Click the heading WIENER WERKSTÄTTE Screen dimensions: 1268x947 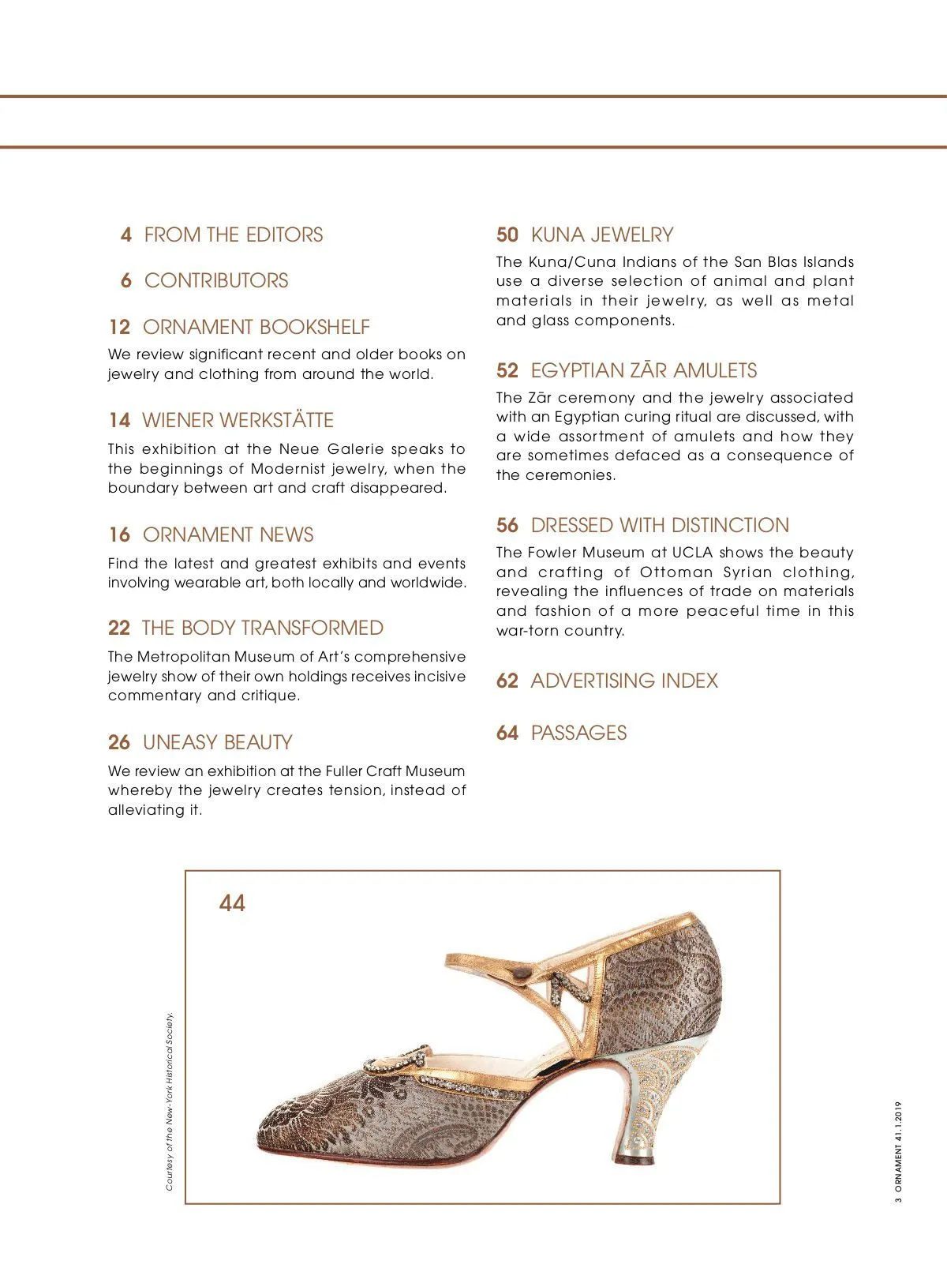click(x=238, y=420)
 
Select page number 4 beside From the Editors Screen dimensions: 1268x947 click(x=126, y=234)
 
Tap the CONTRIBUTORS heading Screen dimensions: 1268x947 click(x=216, y=280)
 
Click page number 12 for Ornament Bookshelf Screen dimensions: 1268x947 click(x=119, y=327)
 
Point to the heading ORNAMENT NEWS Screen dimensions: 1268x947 click(x=228, y=535)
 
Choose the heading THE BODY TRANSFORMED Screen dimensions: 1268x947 click(x=262, y=628)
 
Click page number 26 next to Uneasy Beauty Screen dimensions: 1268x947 click(x=119, y=742)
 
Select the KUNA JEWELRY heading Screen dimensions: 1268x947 click(x=602, y=234)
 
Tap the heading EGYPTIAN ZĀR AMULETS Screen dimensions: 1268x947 click(x=643, y=370)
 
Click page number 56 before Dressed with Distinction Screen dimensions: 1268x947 click(x=507, y=525)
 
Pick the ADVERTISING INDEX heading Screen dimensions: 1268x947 click(x=624, y=681)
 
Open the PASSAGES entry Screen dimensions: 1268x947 click(x=578, y=733)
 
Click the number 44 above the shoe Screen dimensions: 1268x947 click(x=232, y=902)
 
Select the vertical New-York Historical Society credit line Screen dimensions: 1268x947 click(x=170, y=1101)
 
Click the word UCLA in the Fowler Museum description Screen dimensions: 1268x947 click(x=693, y=553)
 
